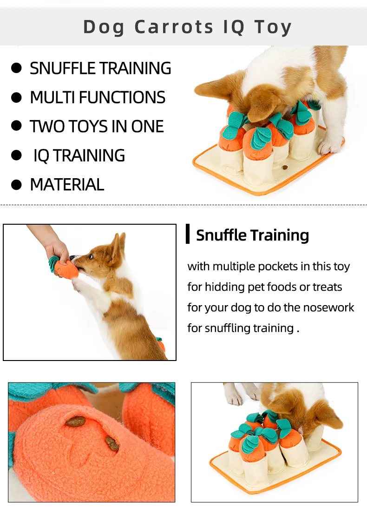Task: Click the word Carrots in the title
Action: (x=174, y=27)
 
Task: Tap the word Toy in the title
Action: (x=273, y=27)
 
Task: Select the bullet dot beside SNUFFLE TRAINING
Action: (x=16, y=68)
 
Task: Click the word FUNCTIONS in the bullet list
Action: (x=122, y=97)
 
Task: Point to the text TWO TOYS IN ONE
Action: (x=97, y=127)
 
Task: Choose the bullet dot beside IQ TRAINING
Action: (x=16, y=155)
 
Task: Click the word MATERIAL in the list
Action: (x=67, y=185)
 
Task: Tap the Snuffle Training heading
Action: (x=252, y=235)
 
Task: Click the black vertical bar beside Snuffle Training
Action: (x=188, y=234)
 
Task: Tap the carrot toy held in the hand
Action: (x=64, y=267)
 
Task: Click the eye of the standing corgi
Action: (x=91, y=257)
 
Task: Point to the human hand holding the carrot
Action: (x=57, y=250)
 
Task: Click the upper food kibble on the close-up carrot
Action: (x=75, y=421)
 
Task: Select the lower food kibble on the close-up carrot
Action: (x=112, y=443)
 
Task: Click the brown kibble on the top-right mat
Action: (x=285, y=168)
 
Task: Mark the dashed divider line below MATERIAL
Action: (x=183, y=205)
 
